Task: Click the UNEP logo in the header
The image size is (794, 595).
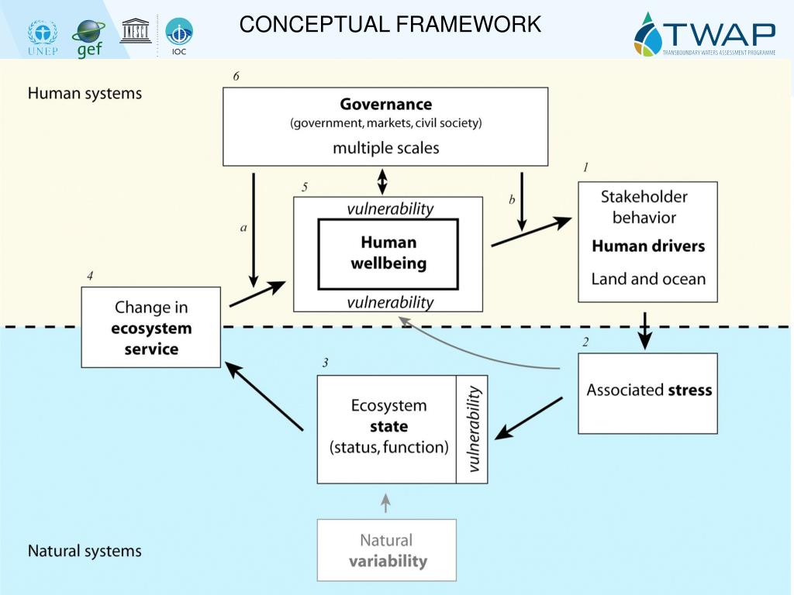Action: click(x=42, y=37)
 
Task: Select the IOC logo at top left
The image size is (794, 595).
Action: click(x=179, y=36)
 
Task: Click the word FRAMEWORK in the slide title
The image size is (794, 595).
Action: click(x=468, y=25)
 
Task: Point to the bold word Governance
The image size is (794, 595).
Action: click(x=385, y=104)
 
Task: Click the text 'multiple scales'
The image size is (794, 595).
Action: click(x=385, y=147)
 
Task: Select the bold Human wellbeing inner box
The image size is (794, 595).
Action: click(x=388, y=253)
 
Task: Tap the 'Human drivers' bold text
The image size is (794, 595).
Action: click(x=647, y=246)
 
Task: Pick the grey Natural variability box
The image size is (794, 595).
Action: click(x=386, y=550)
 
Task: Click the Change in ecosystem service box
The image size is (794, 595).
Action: click(x=151, y=327)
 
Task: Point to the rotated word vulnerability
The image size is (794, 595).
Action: click(x=473, y=429)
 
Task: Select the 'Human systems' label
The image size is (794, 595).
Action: click(x=85, y=94)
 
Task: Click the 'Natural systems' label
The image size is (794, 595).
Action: click(x=85, y=552)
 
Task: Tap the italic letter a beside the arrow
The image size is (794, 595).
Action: click(x=243, y=228)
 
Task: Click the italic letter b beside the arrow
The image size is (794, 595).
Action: click(x=512, y=200)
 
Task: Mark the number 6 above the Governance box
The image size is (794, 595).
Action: click(x=236, y=76)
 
